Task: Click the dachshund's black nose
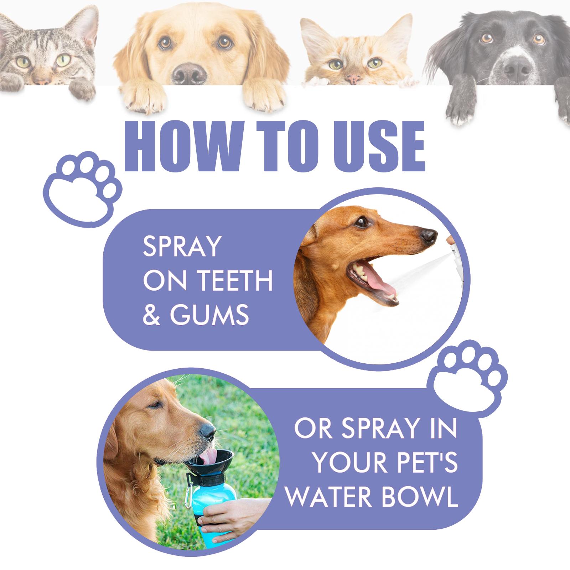[x=428, y=235]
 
